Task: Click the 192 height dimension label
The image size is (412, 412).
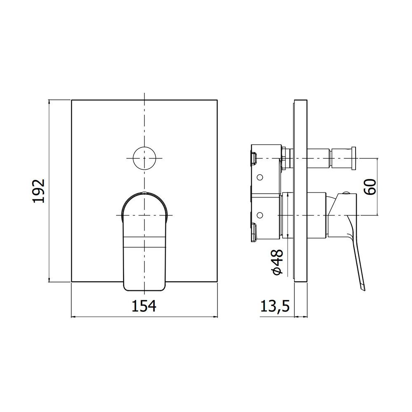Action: point(39,191)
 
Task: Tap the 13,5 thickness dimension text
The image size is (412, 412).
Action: point(275,307)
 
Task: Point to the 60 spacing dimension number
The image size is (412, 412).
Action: point(370,187)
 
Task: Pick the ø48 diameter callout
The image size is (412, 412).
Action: point(278,262)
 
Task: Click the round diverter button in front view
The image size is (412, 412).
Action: point(144,158)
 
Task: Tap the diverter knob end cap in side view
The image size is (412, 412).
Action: point(354,159)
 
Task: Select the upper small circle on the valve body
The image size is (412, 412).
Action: point(260,177)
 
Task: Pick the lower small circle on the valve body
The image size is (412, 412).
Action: point(260,215)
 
